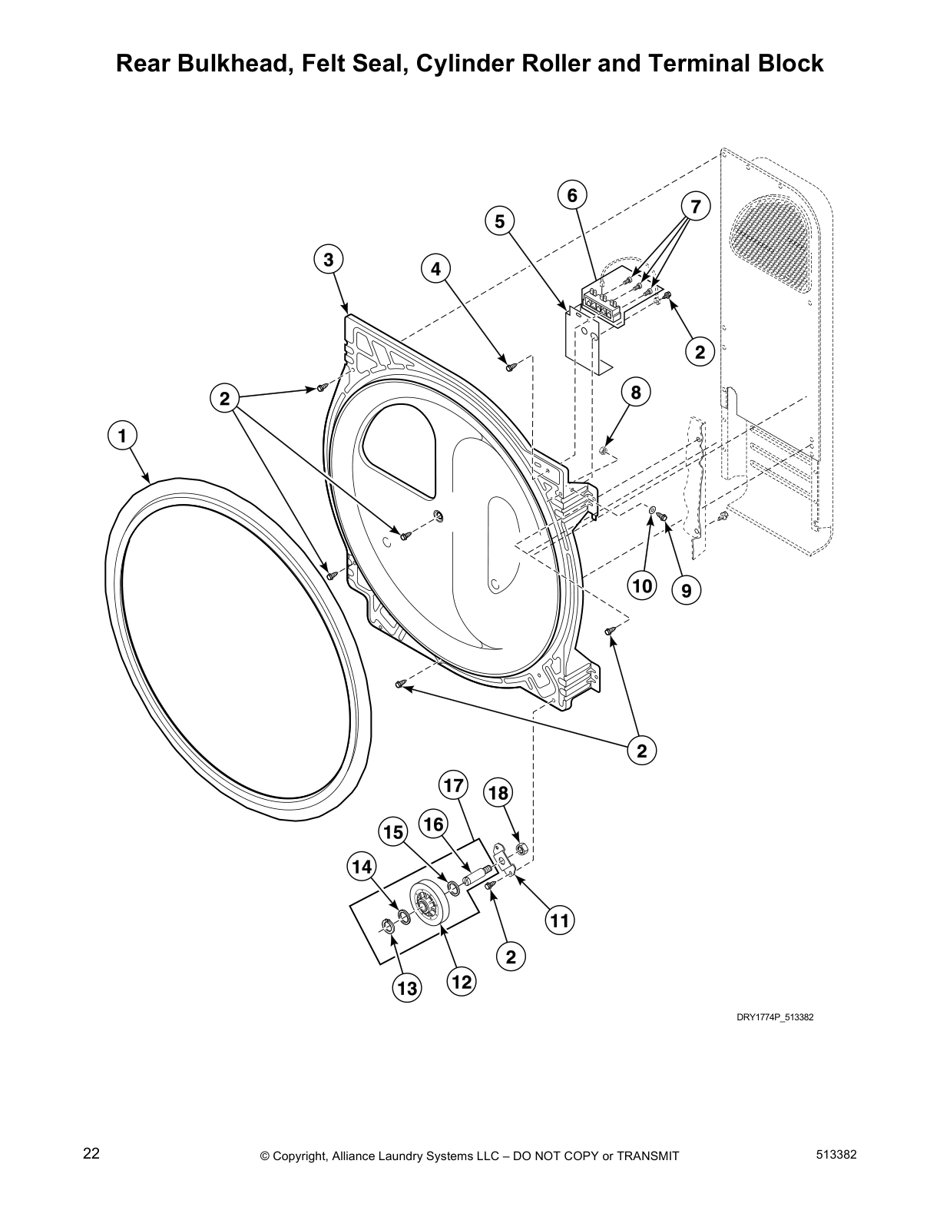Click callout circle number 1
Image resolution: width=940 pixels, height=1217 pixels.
point(121,436)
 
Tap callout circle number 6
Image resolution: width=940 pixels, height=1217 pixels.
point(572,195)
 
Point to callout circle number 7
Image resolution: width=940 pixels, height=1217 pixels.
point(696,206)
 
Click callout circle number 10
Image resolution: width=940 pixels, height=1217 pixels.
point(642,586)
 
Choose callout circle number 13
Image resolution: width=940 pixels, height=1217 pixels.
point(407,987)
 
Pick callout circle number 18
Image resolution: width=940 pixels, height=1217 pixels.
point(498,792)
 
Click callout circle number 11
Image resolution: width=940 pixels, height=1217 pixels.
point(561,919)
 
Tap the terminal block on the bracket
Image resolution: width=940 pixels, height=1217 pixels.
point(603,302)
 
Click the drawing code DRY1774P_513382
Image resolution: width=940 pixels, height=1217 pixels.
point(775,1017)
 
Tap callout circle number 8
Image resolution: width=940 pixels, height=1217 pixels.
point(636,392)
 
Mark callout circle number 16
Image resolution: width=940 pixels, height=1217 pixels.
point(434,824)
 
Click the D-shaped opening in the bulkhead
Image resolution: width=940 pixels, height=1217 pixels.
point(399,441)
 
